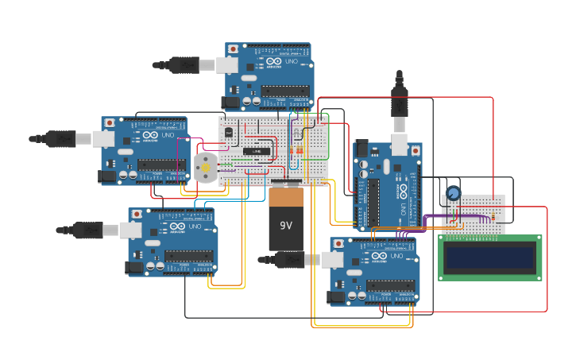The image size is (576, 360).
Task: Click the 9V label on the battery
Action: (286, 225)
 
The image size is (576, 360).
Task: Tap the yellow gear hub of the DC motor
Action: (206, 168)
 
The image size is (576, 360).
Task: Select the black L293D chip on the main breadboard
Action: (257, 150)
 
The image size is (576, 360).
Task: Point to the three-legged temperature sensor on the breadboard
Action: (229, 132)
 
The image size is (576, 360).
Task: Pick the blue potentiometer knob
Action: (453, 193)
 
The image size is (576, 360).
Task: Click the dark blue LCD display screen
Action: (490, 257)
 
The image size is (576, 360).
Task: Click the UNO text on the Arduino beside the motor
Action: (168, 136)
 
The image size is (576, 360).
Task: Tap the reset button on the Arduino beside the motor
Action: (109, 122)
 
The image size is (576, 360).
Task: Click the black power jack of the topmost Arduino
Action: (231, 103)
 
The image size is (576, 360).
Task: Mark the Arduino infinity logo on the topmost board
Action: (273, 61)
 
